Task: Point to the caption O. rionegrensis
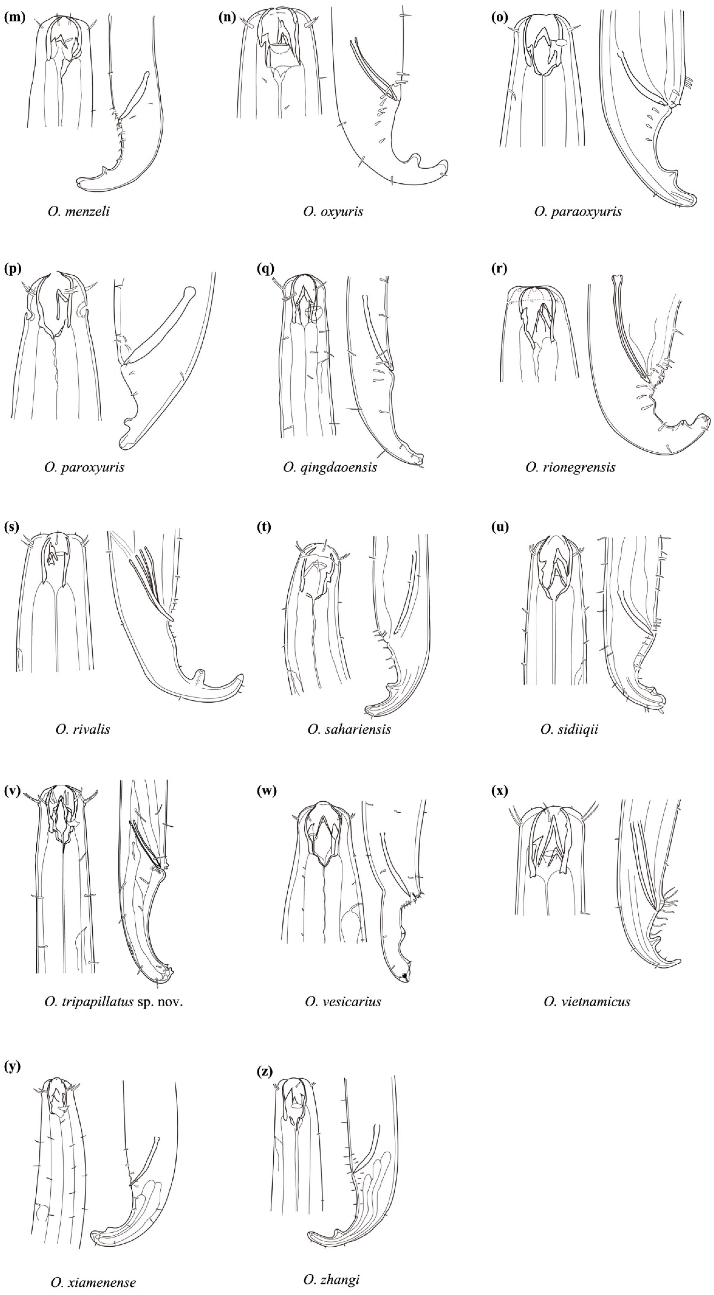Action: click(570, 468)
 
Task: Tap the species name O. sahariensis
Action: click(349, 729)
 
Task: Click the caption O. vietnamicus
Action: click(587, 1002)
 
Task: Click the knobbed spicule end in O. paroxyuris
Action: click(190, 291)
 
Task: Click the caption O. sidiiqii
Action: click(569, 729)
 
